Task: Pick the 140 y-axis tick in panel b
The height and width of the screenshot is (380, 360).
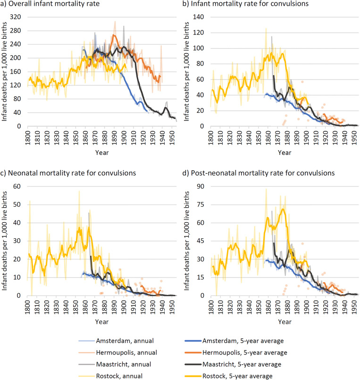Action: [199, 16]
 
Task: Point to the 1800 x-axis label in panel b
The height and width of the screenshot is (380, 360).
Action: [208, 137]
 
